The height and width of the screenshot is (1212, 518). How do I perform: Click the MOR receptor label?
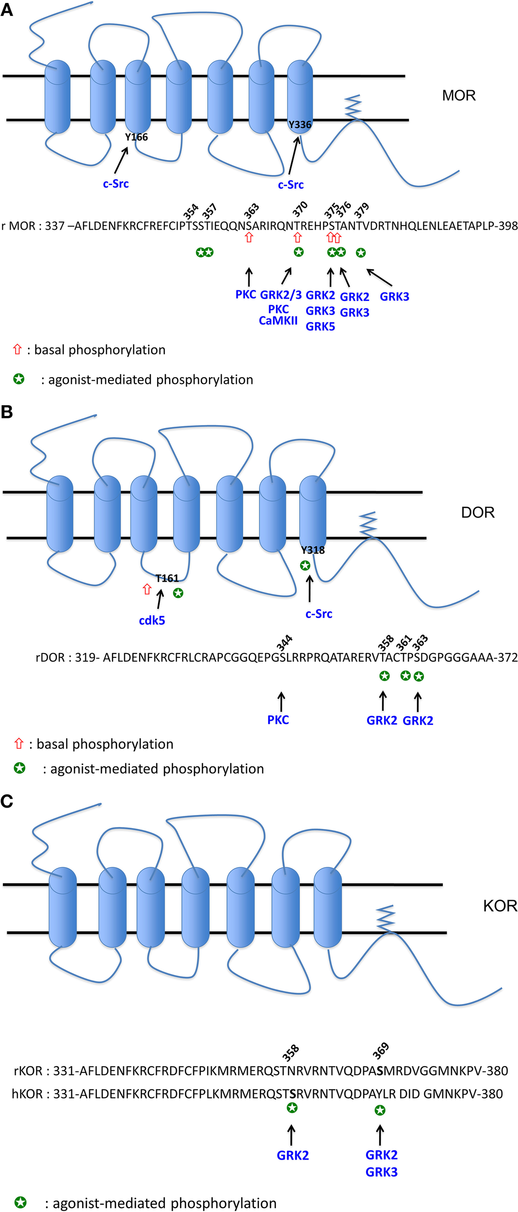pos(458,96)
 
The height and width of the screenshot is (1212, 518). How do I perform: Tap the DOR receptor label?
pos(477,512)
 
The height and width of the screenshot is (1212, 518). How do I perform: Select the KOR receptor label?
pos(500,906)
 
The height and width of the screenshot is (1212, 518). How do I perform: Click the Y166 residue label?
pos(136,137)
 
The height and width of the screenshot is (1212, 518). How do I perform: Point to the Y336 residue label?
pos(300,125)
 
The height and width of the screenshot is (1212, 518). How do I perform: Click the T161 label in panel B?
pos(167,578)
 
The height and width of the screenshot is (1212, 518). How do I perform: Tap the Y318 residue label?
pos(313,550)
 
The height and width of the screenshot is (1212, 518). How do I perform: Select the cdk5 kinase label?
pos(152,621)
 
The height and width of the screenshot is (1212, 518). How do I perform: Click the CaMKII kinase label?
pos(278,320)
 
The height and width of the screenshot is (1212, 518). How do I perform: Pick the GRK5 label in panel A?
pos(320,327)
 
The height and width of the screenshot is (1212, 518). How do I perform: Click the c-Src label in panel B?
pos(319,614)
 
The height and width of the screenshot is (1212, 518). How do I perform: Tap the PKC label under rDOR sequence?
pos(278,720)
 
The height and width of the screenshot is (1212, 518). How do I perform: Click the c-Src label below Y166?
pos(116,184)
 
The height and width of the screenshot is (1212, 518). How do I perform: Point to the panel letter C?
pos(7,801)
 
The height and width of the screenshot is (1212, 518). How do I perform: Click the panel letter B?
pos(7,412)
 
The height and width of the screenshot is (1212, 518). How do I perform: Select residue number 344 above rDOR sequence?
pos(284,642)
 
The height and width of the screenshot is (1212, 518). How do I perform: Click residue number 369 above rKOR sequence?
pos(381,1051)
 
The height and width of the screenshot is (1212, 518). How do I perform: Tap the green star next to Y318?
pos(305,565)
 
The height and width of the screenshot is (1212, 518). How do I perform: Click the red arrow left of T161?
pos(147,589)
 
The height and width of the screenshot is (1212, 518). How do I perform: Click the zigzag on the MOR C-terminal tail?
pos(354,106)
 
